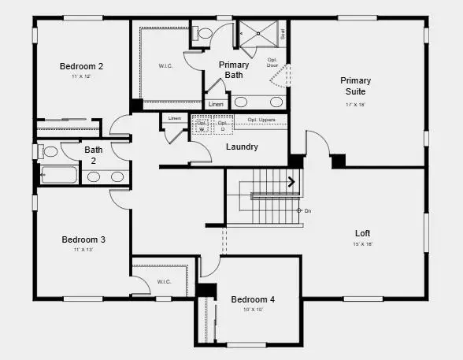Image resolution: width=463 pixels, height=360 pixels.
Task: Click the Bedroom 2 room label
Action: click(x=82, y=66)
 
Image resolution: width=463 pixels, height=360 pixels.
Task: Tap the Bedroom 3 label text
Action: click(x=83, y=239)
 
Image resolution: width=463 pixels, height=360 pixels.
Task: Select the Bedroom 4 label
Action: click(x=253, y=299)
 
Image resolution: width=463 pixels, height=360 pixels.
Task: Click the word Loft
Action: click(x=362, y=233)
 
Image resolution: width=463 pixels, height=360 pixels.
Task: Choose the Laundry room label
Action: click(x=242, y=147)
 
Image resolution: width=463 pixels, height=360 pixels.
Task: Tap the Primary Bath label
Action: click(x=235, y=70)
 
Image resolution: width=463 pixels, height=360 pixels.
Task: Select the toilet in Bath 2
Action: click(x=49, y=151)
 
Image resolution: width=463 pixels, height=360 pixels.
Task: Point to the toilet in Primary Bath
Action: click(x=204, y=34)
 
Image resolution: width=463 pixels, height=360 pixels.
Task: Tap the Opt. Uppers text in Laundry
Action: click(x=261, y=120)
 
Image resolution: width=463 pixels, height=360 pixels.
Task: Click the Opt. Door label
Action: click(x=272, y=62)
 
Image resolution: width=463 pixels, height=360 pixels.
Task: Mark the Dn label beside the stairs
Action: click(x=307, y=210)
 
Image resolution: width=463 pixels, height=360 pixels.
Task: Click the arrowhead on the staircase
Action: click(x=292, y=183)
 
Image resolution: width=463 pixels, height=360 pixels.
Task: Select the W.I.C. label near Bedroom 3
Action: click(x=164, y=281)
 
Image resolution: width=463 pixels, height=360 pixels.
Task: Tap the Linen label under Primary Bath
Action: click(x=216, y=104)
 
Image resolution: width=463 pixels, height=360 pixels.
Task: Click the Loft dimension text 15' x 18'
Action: click(x=362, y=244)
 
